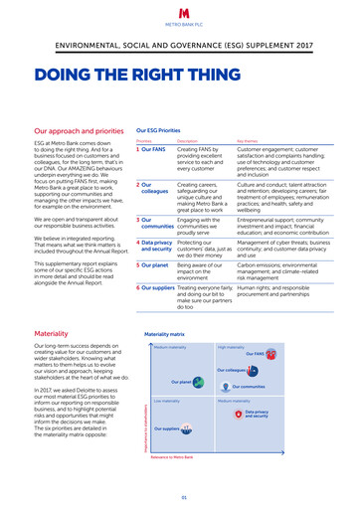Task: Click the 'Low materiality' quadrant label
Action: click(x=166, y=401)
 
